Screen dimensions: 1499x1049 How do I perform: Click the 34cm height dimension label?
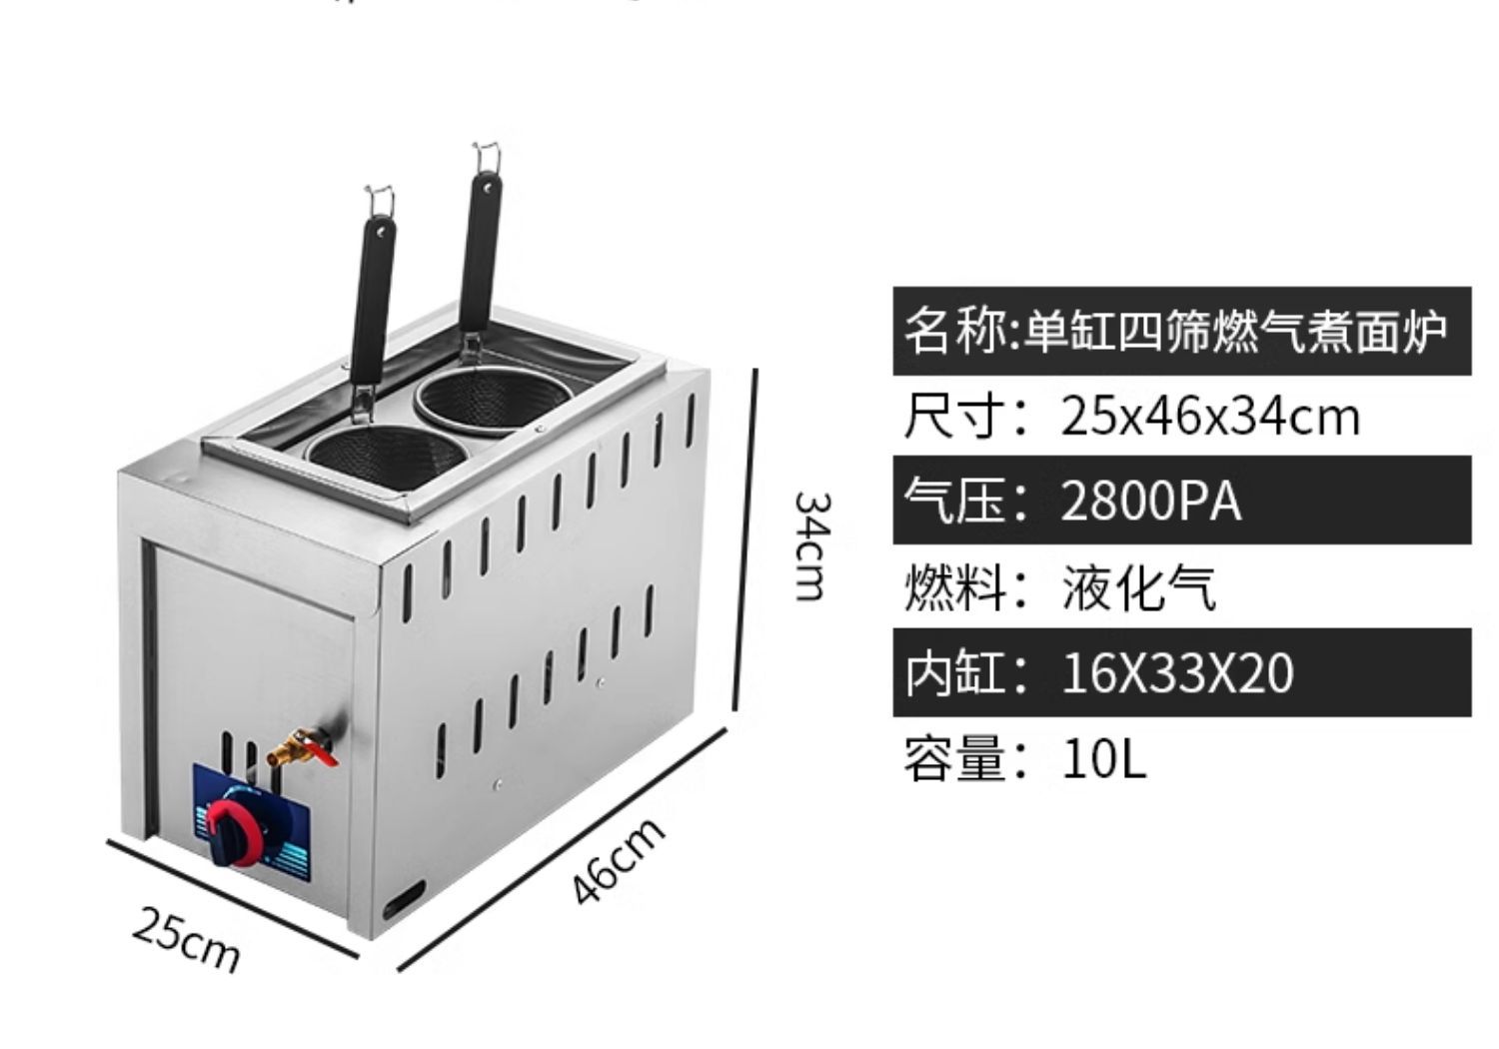(810, 545)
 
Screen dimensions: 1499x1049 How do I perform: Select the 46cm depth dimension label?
(620, 861)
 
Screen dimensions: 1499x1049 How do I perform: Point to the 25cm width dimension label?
(186, 939)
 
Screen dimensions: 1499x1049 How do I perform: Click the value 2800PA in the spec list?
(1150, 501)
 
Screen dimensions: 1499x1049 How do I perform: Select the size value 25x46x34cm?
(1209, 416)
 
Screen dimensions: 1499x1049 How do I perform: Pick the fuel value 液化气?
(1138, 587)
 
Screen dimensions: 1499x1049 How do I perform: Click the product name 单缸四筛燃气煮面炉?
(1235, 331)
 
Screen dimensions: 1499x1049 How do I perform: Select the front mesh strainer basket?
(388, 455)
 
